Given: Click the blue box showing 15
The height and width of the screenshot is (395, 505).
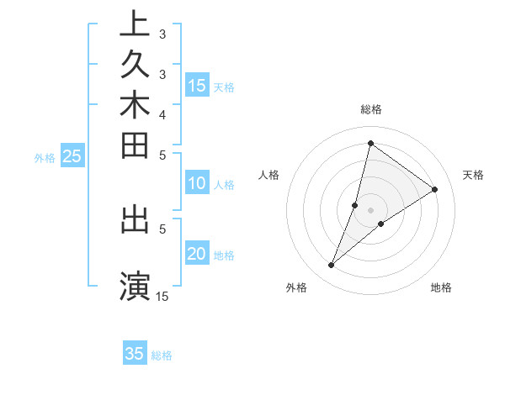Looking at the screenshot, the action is (197, 85).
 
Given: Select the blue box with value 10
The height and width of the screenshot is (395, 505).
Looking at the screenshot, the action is (197, 183).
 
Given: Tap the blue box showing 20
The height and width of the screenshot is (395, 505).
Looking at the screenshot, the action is (197, 255).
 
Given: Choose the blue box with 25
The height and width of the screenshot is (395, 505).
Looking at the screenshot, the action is (72, 155).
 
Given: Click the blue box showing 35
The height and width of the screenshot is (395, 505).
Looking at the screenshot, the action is (135, 354).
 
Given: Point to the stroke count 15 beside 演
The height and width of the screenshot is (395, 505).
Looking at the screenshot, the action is (162, 296).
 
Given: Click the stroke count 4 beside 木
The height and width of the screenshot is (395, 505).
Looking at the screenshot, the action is (162, 114).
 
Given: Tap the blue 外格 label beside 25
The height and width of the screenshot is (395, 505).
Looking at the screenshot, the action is (45, 157).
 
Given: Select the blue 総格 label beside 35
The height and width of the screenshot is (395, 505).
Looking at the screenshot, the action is (162, 355).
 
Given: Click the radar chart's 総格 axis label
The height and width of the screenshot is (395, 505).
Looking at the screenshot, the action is (371, 109).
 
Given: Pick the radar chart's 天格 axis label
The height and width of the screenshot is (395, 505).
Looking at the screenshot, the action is (473, 175).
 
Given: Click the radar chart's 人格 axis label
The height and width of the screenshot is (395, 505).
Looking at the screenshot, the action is (269, 175).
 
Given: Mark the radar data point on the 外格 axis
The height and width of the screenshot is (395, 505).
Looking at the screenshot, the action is (332, 266).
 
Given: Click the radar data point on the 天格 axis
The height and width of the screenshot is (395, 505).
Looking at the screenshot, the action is (435, 190).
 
